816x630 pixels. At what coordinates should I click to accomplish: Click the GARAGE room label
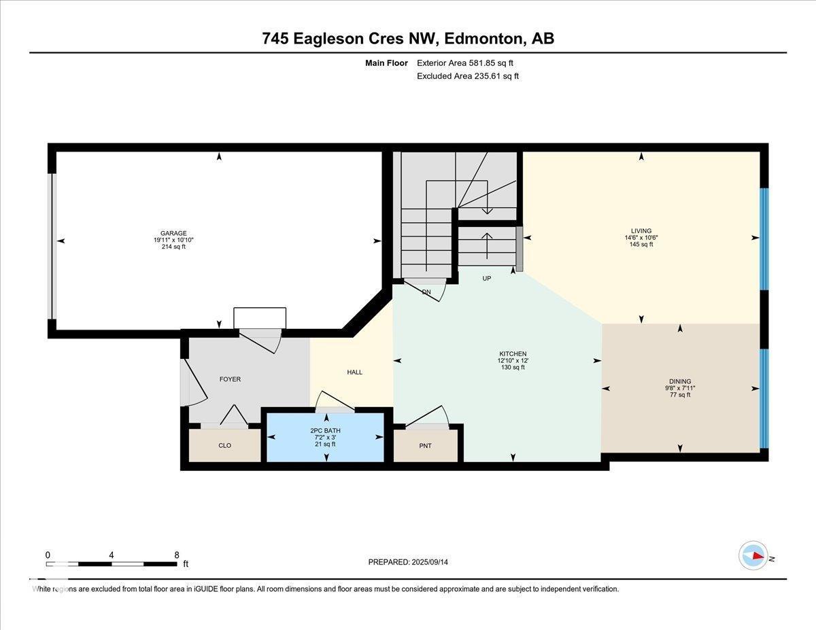click(169, 233)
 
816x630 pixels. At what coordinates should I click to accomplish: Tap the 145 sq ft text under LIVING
click(641, 245)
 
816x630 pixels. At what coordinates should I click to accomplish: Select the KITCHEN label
click(513, 354)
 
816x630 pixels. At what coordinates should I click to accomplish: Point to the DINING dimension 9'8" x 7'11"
click(680, 388)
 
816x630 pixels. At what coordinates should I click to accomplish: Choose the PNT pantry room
click(426, 446)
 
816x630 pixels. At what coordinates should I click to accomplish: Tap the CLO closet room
click(224, 446)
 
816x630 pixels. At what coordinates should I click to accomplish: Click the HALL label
click(354, 372)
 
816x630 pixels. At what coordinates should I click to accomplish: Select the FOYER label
click(230, 379)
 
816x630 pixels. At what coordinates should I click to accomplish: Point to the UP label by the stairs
click(486, 279)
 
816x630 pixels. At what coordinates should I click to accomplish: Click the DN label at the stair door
click(426, 292)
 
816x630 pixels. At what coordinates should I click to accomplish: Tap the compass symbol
click(753, 555)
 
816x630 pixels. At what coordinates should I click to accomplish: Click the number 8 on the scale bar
click(176, 555)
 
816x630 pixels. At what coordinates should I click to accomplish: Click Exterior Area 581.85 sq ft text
click(465, 63)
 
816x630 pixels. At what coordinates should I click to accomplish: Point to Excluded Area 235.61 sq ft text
click(467, 76)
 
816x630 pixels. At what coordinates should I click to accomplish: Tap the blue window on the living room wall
click(764, 238)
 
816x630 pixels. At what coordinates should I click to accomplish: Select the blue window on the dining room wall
click(764, 398)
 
